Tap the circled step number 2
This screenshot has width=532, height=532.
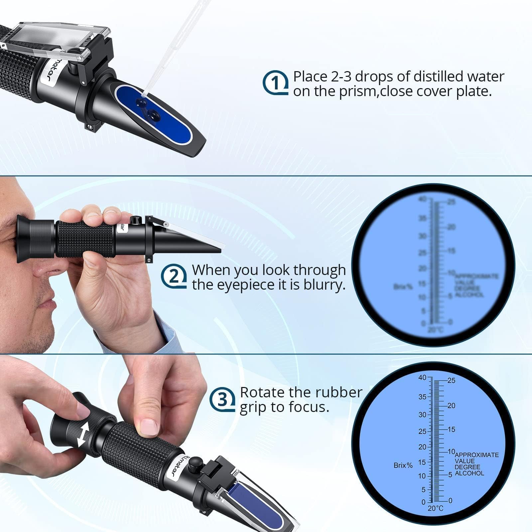pos(173,276)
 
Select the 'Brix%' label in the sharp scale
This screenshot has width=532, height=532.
pos(403,465)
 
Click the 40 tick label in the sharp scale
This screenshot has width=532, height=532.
pos(422,378)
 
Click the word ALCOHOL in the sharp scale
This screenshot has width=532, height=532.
pos(469,473)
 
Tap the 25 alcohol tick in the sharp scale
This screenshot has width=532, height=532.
pos(451,380)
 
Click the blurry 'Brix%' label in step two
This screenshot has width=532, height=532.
pos(403,286)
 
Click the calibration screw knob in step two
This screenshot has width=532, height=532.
pos(135,220)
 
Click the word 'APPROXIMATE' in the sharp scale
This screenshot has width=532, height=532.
pos(476,455)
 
